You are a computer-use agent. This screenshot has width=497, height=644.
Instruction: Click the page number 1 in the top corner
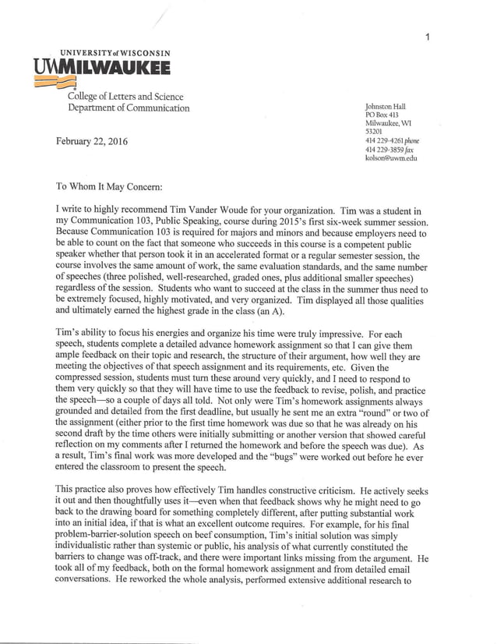point(427,36)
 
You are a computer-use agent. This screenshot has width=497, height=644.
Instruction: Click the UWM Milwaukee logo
point(102,69)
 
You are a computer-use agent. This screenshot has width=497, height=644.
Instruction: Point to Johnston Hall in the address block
point(385,107)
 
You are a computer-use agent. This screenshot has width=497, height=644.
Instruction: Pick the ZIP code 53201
point(373,133)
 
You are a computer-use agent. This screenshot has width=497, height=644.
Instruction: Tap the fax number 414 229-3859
point(382,150)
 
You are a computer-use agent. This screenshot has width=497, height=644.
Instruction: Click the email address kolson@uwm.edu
point(391,158)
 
